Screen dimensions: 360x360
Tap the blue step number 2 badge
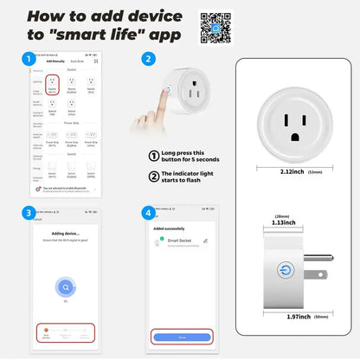point(149,59)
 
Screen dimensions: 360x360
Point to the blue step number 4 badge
point(149,214)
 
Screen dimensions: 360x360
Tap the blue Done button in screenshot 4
point(181,337)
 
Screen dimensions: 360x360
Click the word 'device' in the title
point(154,16)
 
